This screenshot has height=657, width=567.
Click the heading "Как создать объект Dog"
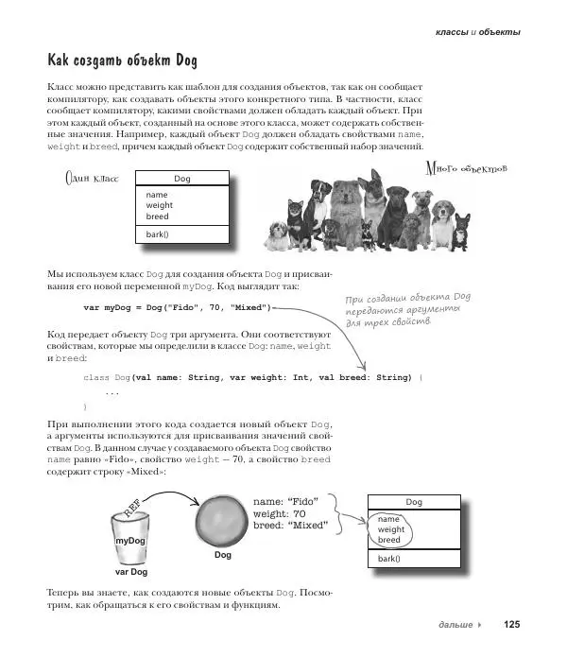(x=122, y=61)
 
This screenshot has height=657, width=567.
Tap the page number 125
(x=511, y=624)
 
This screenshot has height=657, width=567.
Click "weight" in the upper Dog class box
(x=160, y=205)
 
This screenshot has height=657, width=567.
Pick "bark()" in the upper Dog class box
(x=157, y=233)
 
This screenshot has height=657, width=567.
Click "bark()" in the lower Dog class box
(x=389, y=558)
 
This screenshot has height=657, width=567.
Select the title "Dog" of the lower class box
(x=414, y=502)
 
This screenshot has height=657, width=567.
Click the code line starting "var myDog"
(x=177, y=308)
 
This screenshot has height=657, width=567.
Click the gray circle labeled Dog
(x=223, y=521)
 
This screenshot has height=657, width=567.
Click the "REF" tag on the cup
(x=132, y=511)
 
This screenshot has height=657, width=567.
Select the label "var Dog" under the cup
(x=131, y=572)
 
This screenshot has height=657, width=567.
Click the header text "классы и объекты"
(x=477, y=31)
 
